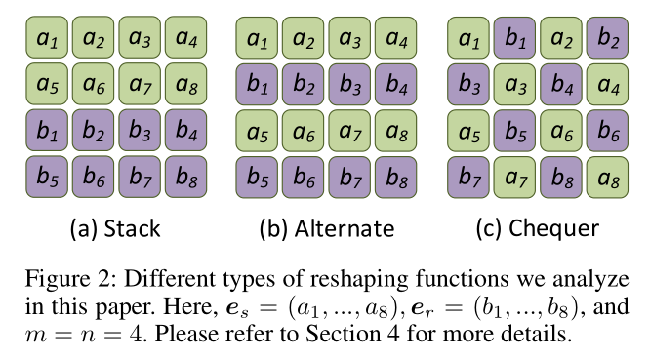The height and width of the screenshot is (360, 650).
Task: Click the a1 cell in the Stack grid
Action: [45, 36]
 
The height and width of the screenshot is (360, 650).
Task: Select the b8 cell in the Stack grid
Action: [185, 177]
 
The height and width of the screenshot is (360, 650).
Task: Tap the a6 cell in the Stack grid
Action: [92, 83]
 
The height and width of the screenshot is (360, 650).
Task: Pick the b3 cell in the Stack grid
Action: [139, 130]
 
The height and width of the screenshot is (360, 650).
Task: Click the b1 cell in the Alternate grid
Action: [257, 83]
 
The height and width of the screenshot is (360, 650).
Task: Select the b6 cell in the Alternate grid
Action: [304, 177]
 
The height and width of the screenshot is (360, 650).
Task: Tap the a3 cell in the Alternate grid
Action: [350, 36]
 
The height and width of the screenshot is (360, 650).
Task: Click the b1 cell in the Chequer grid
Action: [516, 36]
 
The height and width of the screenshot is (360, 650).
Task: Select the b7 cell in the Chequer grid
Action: [469, 177]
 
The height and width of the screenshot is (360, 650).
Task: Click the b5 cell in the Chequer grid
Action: [516, 130]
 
